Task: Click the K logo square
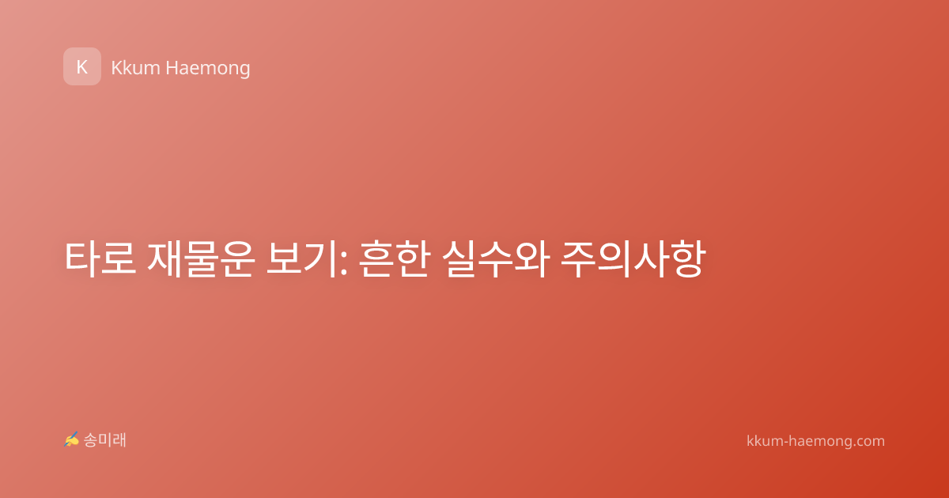pos(82,66)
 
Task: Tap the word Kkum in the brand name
pos(135,68)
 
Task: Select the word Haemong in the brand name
pos(207,69)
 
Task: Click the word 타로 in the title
pos(100,259)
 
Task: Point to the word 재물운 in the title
pos(201,259)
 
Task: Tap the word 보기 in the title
pos(301,259)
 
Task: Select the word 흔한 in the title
pos(395,259)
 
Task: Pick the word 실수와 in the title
pos(496,259)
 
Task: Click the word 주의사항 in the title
pos(633,259)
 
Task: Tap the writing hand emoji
pos(71,440)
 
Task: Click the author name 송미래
pos(104,440)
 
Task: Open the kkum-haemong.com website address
pos(815,441)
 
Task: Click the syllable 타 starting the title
pos(82,259)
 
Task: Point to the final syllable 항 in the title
pos(688,259)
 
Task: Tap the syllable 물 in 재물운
pos(201,259)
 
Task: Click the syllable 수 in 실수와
pos(496,259)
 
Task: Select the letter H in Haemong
pos(172,68)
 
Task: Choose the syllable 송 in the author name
pos(90,440)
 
